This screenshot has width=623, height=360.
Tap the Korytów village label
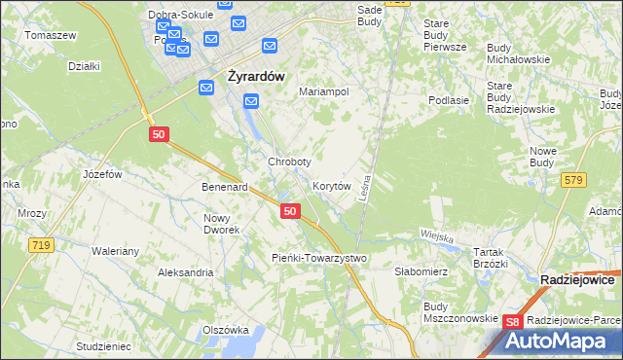pyautogui.click(x=331, y=185)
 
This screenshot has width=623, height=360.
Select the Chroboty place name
pyautogui.click(x=289, y=162)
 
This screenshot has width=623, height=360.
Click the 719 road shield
pyautogui.click(x=40, y=246)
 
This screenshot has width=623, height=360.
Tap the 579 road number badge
pyautogui.click(x=573, y=180)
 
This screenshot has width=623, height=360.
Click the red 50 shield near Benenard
pyautogui.click(x=289, y=211)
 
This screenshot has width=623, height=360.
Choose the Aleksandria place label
pyautogui.click(x=185, y=273)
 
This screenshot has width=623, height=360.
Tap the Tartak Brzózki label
pyautogui.click(x=492, y=258)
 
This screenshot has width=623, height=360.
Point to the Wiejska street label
pyautogui.click(x=438, y=235)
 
